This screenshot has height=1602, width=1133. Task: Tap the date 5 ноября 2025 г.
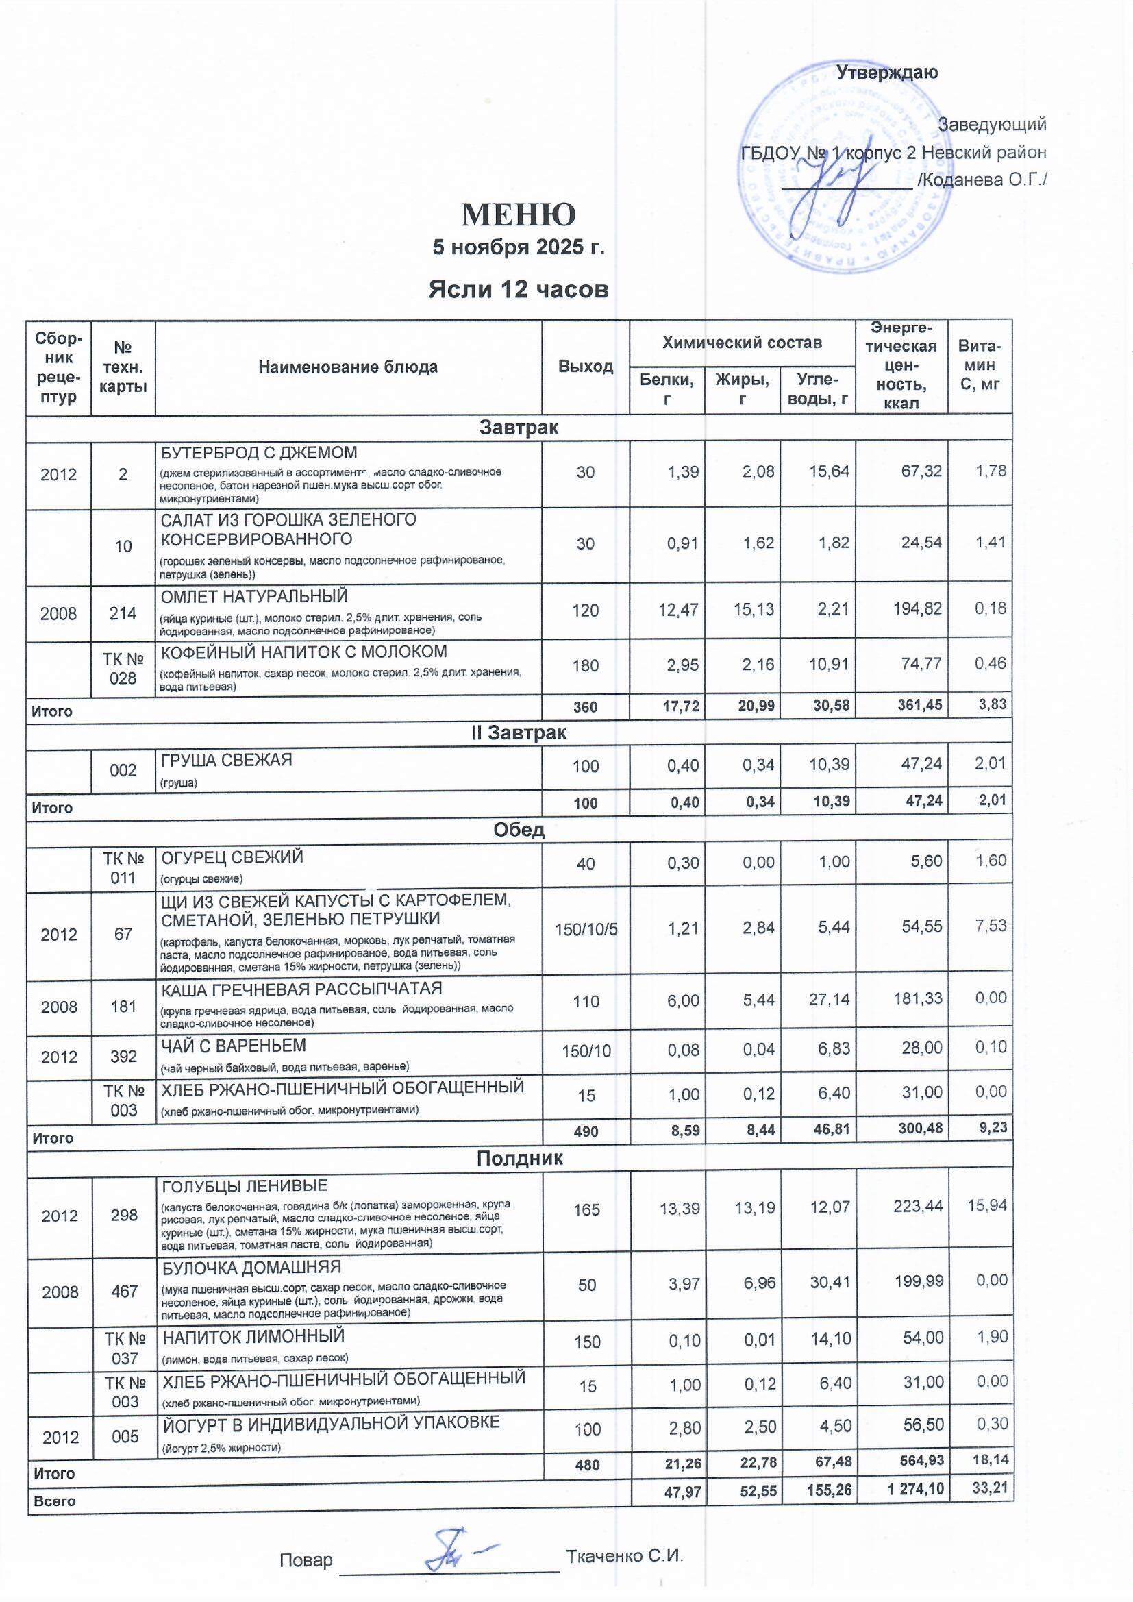[519, 247]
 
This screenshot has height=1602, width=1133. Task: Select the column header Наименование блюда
[347, 367]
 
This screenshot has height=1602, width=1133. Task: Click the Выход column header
[585, 367]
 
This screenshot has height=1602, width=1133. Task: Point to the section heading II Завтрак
[519, 732]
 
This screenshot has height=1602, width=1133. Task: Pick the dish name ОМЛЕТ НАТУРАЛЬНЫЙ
[254, 597]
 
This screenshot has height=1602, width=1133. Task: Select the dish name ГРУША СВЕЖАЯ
[227, 760]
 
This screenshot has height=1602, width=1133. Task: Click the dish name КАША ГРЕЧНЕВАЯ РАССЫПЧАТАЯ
[302, 989]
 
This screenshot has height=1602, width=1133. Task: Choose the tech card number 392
[123, 1057]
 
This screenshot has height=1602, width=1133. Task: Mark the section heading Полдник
[519, 1159]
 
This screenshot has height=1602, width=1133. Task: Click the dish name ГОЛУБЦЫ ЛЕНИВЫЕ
[245, 1186]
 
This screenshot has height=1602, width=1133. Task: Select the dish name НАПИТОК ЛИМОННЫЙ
[253, 1336]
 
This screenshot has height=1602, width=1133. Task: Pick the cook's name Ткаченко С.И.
[625, 1555]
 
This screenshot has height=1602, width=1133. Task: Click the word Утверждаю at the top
[886, 73]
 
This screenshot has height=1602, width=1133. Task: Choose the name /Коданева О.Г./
[982, 180]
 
